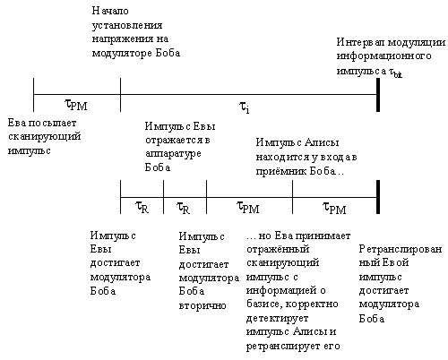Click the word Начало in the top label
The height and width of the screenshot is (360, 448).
tap(110, 11)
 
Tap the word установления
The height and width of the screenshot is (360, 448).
tap(127, 26)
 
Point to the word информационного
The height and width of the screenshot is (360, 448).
tap(383, 56)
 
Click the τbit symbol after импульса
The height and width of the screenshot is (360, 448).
tap(395, 72)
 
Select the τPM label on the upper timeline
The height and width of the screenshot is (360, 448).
tap(76, 105)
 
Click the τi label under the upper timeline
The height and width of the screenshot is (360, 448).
tap(245, 107)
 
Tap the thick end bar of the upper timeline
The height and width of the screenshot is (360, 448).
tap(378, 95)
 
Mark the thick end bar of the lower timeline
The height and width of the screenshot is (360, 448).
tap(378, 197)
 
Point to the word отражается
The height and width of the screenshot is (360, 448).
tap(175, 141)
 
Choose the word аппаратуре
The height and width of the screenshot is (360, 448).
tap(173, 154)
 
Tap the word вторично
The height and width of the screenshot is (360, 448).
tap(202, 305)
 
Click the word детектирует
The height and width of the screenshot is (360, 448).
tap(277, 318)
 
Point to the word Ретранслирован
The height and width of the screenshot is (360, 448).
tap(401, 250)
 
